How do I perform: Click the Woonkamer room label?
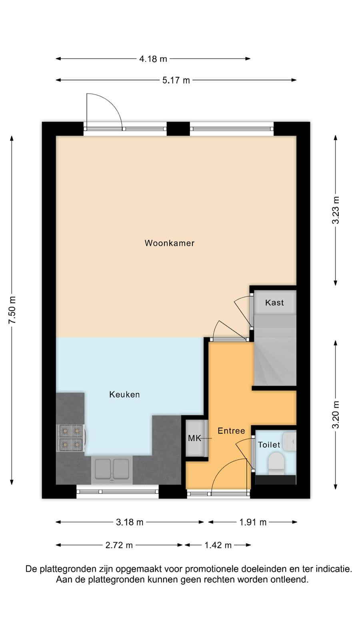170,243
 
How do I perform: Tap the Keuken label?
124,394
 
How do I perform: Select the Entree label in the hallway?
232,431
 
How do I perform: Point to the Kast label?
274,302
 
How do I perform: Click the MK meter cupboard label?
194,438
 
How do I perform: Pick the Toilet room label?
269,444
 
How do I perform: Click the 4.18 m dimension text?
153,59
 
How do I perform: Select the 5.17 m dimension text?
176,80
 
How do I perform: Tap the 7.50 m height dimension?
12,310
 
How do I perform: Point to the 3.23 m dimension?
336,210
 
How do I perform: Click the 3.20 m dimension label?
336,415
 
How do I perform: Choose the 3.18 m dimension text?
130,522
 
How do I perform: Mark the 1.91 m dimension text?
253,522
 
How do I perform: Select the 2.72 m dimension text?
119,546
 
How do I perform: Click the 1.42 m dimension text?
218,546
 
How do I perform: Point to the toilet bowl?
276,462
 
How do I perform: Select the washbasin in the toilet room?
290,442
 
